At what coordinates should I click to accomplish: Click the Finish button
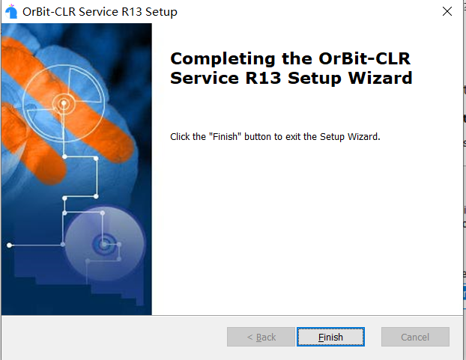(x=330, y=337)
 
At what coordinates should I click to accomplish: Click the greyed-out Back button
(x=261, y=337)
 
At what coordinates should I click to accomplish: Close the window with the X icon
(x=447, y=11)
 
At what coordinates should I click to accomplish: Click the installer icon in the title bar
(x=11, y=11)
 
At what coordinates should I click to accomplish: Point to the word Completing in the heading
(x=223, y=59)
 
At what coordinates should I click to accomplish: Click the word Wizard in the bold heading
(x=380, y=78)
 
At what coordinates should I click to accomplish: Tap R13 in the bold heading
(x=263, y=78)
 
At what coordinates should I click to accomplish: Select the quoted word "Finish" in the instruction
(x=225, y=136)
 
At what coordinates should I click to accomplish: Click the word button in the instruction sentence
(x=258, y=136)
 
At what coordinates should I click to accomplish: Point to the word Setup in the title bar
(x=161, y=12)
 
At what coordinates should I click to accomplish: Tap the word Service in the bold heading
(x=205, y=78)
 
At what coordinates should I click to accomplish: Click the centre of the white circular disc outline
(x=63, y=103)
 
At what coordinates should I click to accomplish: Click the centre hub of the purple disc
(x=103, y=245)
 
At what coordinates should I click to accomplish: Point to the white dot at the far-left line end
(x=10, y=245)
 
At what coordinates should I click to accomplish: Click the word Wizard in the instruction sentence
(x=364, y=136)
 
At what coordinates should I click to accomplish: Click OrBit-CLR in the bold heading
(x=364, y=58)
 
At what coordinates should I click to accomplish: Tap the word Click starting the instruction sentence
(x=180, y=136)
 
